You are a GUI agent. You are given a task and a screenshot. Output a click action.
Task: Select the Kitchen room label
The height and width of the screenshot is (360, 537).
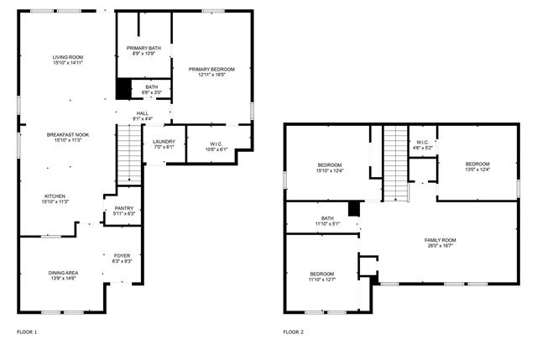[55, 196]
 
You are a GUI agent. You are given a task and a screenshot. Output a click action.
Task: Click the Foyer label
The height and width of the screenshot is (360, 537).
[123, 256]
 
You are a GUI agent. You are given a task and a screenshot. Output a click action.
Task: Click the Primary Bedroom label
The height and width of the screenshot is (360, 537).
[211, 69]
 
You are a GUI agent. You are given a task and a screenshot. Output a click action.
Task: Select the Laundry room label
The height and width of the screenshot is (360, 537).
[164, 142]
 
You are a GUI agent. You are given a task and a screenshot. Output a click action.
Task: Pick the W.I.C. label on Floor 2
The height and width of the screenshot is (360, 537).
[423, 142]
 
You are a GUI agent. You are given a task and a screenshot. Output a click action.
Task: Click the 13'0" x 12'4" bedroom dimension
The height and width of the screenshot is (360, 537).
[477, 170]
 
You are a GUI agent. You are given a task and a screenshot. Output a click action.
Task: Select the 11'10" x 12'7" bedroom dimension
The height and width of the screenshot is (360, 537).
[322, 280]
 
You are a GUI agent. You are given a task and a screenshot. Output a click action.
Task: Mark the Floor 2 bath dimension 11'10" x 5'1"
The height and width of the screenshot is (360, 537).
[326, 224]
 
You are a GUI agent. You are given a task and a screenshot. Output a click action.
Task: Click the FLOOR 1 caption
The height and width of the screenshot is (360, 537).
[27, 332]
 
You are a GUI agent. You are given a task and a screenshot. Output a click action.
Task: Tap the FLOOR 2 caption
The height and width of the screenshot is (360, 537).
[293, 332]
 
